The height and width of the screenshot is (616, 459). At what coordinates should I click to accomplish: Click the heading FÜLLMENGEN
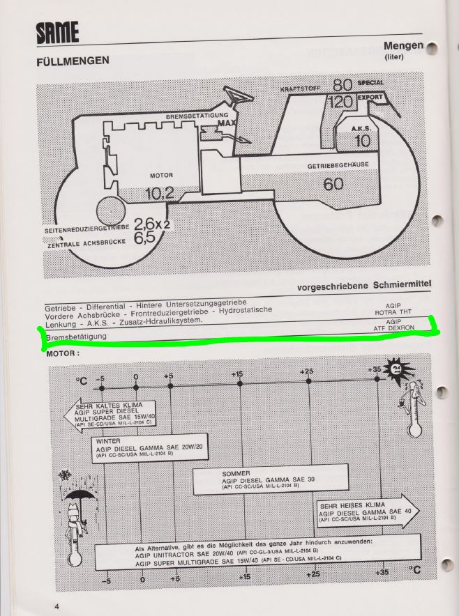coord(73,61)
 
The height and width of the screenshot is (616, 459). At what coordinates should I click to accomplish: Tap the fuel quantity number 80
coord(341,86)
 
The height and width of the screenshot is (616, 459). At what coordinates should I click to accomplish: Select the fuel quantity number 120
coord(341,102)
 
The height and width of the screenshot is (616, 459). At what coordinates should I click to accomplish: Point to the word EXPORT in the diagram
coord(370,98)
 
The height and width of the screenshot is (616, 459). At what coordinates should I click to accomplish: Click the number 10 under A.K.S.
coord(363,141)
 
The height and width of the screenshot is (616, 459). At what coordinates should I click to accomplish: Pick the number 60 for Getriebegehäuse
coord(333,184)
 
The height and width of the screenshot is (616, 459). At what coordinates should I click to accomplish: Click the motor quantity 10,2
coord(159,193)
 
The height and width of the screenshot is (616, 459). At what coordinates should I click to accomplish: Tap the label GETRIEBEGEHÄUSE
coord(338,166)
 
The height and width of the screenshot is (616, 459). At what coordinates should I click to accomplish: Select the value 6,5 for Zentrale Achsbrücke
coord(144,238)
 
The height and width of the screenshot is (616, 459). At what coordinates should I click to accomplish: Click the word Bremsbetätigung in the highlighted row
coord(76,337)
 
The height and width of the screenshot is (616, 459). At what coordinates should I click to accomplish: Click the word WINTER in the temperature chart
coord(110,441)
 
